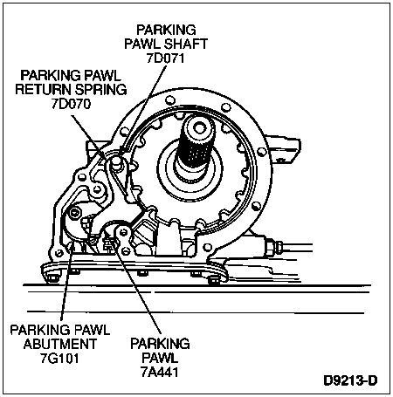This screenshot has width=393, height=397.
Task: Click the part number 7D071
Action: [165, 58]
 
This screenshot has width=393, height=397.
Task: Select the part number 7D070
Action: [72, 104]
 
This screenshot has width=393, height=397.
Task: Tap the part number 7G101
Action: [59, 358]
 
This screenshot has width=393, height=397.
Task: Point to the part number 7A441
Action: [160, 372]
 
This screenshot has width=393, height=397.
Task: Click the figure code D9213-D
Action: [350, 380]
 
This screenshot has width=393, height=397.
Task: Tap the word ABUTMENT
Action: [60, 344]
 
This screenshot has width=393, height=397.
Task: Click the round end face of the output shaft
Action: [198, 127]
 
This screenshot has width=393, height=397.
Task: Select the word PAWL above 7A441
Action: [160, 358]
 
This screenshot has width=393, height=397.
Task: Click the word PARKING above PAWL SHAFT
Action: [166, 30]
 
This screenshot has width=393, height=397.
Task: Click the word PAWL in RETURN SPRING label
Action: [102, 75]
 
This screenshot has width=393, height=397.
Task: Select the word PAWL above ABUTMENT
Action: [92, 330]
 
